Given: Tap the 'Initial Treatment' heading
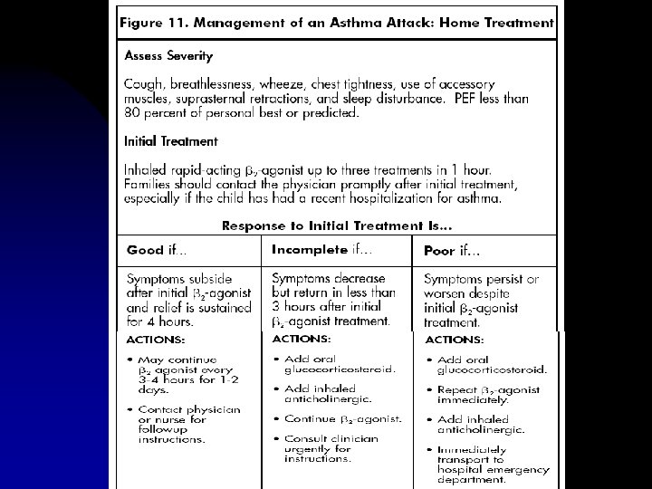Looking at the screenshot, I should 170,141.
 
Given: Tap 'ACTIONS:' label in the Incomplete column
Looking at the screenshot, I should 303,339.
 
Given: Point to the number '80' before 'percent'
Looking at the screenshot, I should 132,113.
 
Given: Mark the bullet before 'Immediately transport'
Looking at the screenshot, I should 428,448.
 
